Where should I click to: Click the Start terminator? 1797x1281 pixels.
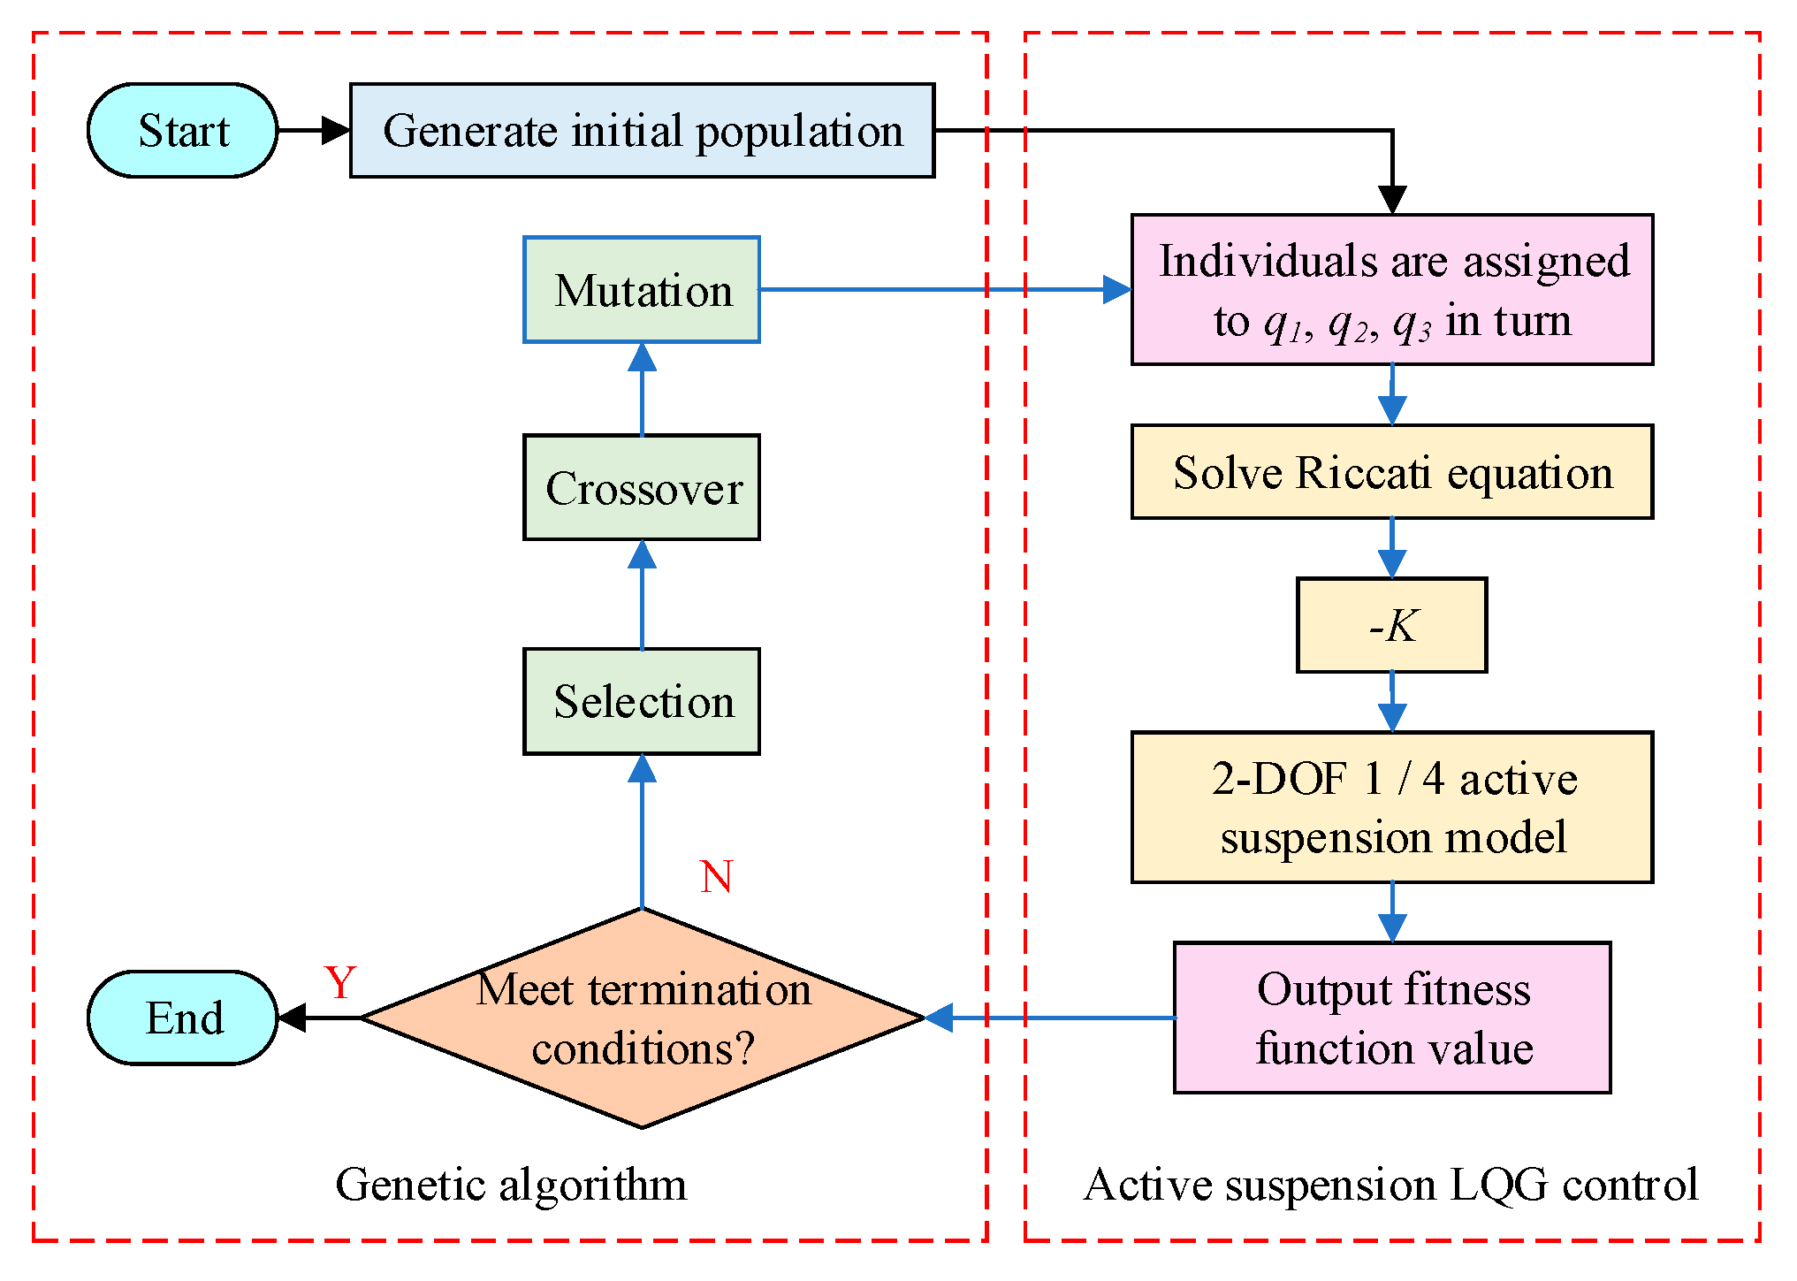(x=183, y=131)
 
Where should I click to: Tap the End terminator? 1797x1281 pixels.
(x=183, y=1018)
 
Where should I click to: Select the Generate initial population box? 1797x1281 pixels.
(x=642, y=131)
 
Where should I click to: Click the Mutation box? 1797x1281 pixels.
(x=642, y=290)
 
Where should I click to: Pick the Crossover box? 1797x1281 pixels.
(x=642, y=488)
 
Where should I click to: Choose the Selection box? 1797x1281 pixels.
(x=642, y=702)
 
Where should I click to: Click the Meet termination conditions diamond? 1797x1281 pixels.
(x=642, y=1018)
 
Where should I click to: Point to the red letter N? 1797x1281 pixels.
(x=716, y=877)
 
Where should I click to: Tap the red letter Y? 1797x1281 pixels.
(x=340, y=982)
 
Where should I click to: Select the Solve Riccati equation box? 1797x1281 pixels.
(x=1392, y=472)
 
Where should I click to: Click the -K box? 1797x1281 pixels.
(x=1392, y=626)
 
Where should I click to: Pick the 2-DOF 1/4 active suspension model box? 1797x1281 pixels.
(x=1392, y=807)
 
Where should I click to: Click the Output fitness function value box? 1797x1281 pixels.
(x=1392, y=1018)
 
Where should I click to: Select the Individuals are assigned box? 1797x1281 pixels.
(x=1392, y=290)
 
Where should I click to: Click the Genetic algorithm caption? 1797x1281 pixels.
(x=511, y=1185)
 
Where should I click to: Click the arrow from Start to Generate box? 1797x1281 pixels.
(x=314, y=131)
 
